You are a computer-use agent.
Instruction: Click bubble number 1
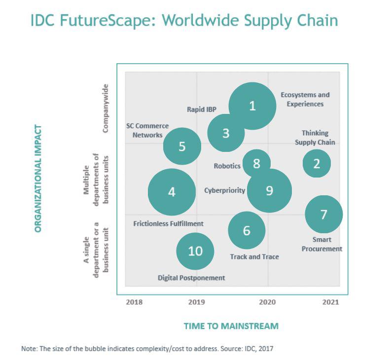pos(252,106)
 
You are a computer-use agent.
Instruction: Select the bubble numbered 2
pos(317,163)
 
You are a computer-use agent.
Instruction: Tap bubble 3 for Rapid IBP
pos(226,133)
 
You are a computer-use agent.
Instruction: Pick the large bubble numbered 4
pos(172,192)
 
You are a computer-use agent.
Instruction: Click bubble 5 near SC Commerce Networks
pos(182,146)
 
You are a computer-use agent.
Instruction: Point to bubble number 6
pos(247,230)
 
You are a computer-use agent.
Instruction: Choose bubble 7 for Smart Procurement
pos(323,214)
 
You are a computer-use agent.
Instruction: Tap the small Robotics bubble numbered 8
pos(256,163)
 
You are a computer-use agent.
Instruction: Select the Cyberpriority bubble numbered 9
pos(269,190)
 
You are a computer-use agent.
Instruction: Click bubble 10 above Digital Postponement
pos(195,251)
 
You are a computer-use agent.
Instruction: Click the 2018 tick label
pos(134,302)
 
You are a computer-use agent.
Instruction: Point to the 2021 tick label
pos(331,302)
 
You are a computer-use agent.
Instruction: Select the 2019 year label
pos(197,302)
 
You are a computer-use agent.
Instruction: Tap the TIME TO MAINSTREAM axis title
pos(231,326)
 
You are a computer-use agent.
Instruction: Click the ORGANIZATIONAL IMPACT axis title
pos(38,178)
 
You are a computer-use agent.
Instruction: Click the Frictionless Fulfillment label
pos(168,223)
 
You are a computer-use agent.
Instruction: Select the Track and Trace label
pos(254,256)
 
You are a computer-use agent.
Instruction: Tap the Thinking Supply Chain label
pos(315,138)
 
